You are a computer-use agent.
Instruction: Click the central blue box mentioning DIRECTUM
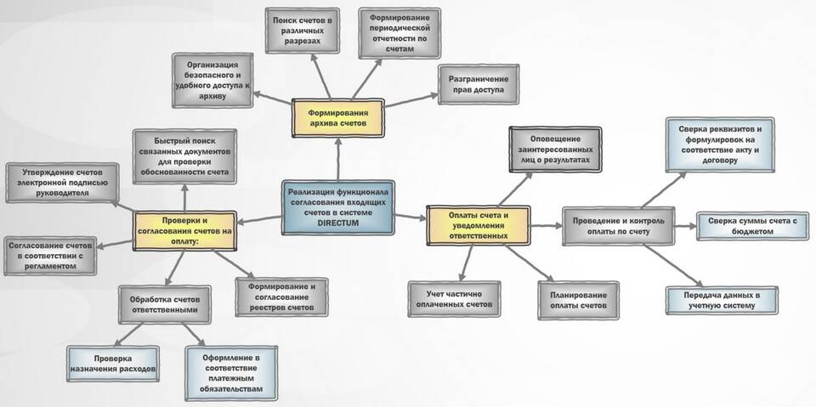pyautogui.click(x=337, y=207)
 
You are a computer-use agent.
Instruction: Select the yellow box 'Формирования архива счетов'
pyautogui.click(x=337, y=117)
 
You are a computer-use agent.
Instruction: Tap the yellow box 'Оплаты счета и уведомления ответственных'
pyautogui.click(x=478, y=225)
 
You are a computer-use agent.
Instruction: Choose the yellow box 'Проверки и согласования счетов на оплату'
pyautogui.click(x=184, y=230)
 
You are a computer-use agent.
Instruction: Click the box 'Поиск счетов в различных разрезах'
pyautogui.click(x=302, y=31)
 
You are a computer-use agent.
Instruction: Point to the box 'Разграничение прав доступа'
pyautogui.click(x=478, y=84)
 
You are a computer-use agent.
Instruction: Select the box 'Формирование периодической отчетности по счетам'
pyautogui.click(x=399, y=32)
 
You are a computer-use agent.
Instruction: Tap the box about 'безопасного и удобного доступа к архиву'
pyautogui.click(x=212, y=80)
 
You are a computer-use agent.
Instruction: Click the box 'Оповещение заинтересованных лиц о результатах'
pyautogui.click(x=555, y=150)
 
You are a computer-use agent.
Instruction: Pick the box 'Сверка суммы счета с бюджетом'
pyautogui.click(x=752, y=226)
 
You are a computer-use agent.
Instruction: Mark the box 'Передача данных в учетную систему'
pyautogui.click(x=722, y=300)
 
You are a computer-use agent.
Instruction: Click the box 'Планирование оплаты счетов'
pyautogui.click(x=578, y=300)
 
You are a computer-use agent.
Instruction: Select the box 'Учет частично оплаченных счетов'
pyautogui.click(x=454, y=299)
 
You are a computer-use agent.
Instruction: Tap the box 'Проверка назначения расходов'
pyautogui.click(x=113, y=364)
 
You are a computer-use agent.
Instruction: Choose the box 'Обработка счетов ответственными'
pyautogui.click(x=164, y=304)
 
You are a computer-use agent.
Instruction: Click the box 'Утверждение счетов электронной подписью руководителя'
pyautogui.click(x=62, y=182)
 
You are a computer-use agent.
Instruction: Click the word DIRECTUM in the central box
pyautogui.click(x=337, y=223)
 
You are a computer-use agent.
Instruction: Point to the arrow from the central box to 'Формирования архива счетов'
pyautogui.click(x=337, y=159)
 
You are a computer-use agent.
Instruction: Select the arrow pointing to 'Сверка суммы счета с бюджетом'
pyautogui.click(x=685, y=226)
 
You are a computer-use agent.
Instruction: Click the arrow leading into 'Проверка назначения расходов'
pyautogui.click(x=128, y=334)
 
